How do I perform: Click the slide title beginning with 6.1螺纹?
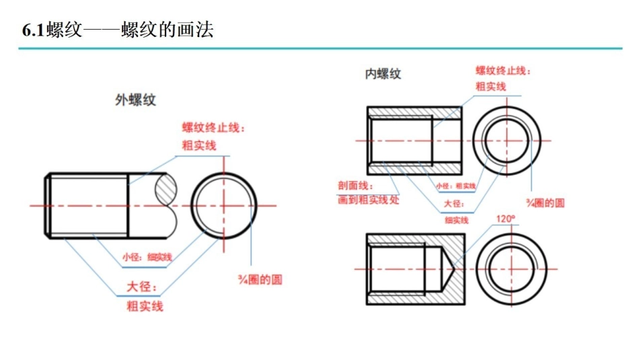pyautogui.click(x=118, y=30)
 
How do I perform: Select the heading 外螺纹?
pyautogui.click(x=135, y=100)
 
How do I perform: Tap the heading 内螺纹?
pyautogui.click(x=383, y=74)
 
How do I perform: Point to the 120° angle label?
pyautogui.click(x=505, y=219)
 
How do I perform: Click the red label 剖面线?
pyautogui.click(x=354, y=186)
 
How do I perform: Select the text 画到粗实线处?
pyautogui.click(x=368, y=200)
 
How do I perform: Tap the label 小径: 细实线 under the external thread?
pyautogui.click(x=147, y=256)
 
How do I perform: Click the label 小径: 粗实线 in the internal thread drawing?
pyautogui.click(x=455, y=186)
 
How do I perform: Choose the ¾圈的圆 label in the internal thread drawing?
pyautogui.click(x=545, y=202)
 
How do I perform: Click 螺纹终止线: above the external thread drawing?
pyautogui.click(x=213, y=128)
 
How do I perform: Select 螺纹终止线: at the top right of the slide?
pyautogui.click(x=503, y=71)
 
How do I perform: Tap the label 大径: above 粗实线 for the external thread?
pyautogui.click(x=143, y=289)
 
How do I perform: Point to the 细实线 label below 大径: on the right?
pyautogui.click(x=456, y=219)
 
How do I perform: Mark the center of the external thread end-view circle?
pyautogui.click(x=223, y=205)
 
